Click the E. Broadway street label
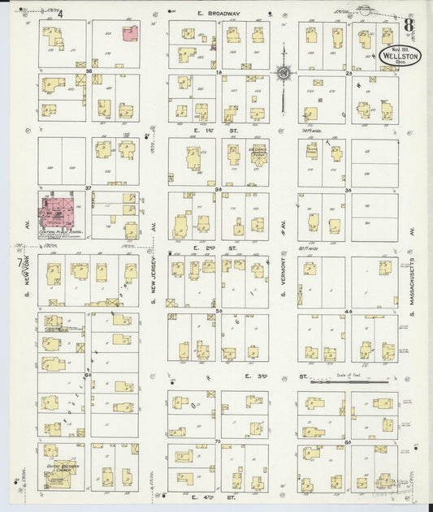[219, 14]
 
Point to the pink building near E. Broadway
[129, 32]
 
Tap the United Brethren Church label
[62, 466]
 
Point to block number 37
[88, 187]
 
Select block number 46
[348, 310]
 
